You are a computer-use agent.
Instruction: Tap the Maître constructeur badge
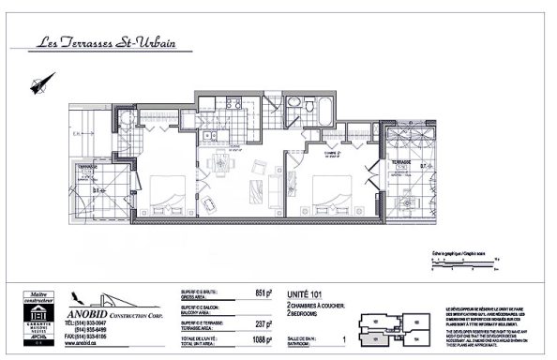pos(35,320)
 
